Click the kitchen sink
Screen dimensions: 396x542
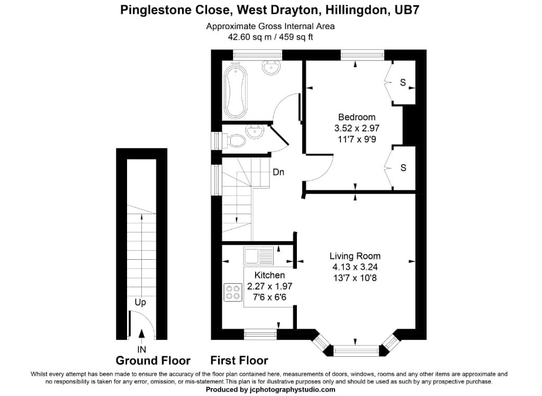click(x=258, y=256)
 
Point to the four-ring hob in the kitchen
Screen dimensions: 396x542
click(x=232, y=292)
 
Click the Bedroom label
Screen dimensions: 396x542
click(x=357, y=117)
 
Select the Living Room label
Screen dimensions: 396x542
click(x=354, y=256)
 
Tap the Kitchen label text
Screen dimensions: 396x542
click(x=269, y=275)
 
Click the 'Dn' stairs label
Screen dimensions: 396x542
click(x=279, y=172)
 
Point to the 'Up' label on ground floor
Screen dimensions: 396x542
click(x=140, y=303)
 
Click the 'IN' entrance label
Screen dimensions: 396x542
click(x=141, y=349)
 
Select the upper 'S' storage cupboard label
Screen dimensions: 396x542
click(x=403, y=83)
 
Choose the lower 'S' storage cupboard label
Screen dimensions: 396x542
click(x=403, y=168)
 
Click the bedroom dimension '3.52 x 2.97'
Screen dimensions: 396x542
click(x=357, y=128)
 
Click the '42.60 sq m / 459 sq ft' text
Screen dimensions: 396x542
click(x=270, y=37)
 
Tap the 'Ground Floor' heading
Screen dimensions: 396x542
click(x=153, y=361)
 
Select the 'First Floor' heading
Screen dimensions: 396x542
click(x=239, y=361)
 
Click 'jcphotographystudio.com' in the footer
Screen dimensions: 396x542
click(x=293, y=390)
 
